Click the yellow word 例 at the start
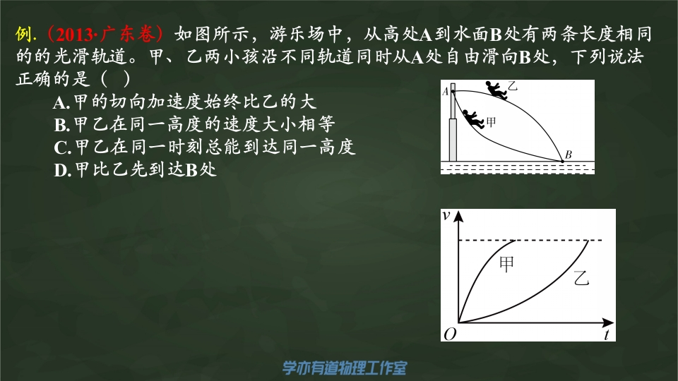click(24, 34)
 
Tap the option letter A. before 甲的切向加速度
click(61, 102)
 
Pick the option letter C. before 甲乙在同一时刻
click(62, 147)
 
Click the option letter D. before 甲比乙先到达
click(62, 171)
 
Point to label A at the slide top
click(446, 92)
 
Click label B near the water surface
click(568, 155)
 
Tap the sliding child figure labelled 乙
click(496, 90)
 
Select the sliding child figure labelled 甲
click(473, 119)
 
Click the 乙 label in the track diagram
click(513, 85)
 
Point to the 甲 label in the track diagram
click(492, 122)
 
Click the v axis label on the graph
click(446, 215)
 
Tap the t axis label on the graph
click(607, 334)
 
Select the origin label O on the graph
click(450, 334)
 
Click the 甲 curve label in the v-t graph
click(507, 264)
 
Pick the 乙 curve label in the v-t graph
click(581, 278)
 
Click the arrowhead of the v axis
click(459, 216)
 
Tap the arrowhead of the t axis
click(608, 322)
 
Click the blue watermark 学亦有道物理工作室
click(345, 368)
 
